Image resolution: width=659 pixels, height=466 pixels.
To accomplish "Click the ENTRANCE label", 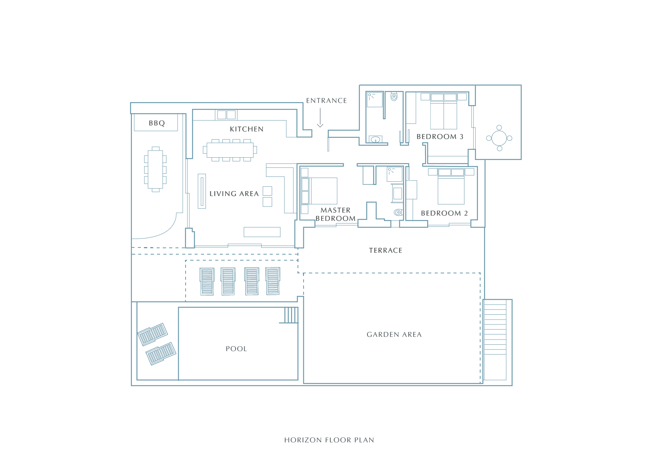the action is [x=326, y=101].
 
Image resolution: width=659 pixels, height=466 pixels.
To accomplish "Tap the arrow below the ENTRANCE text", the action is [x=320, y=118].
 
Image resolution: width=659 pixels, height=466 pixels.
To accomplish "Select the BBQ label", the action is [x=157, y=123].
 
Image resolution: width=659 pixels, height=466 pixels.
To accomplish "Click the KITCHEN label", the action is [x=246, y=129].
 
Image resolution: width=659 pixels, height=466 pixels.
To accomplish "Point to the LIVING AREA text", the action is [x=234, y=194].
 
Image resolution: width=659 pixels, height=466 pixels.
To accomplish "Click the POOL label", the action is [x=236, y=349].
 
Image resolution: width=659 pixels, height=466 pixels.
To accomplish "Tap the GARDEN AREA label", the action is [x=394, y=335].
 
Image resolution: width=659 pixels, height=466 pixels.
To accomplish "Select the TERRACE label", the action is [x=385, y=250].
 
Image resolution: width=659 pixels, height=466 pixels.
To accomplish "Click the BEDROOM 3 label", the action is [x=440, y=137].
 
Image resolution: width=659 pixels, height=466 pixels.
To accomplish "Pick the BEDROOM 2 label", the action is [x=444, y=213].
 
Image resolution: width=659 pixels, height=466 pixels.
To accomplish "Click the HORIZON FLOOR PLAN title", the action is [x=329, y=440].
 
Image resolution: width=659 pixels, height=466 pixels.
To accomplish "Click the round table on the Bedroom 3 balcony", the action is [x=499, y=138].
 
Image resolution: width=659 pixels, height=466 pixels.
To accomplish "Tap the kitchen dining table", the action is [x=230, y=150].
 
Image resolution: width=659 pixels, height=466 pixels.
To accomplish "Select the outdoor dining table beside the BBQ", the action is [x=156, y=169].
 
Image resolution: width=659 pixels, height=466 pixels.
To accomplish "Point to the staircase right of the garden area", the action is [x=495, y=340].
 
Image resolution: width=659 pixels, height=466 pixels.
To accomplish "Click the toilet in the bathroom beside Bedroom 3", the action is [x=394, y=97].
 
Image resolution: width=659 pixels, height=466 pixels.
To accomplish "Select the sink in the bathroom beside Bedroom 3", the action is [x=375, y=140].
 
